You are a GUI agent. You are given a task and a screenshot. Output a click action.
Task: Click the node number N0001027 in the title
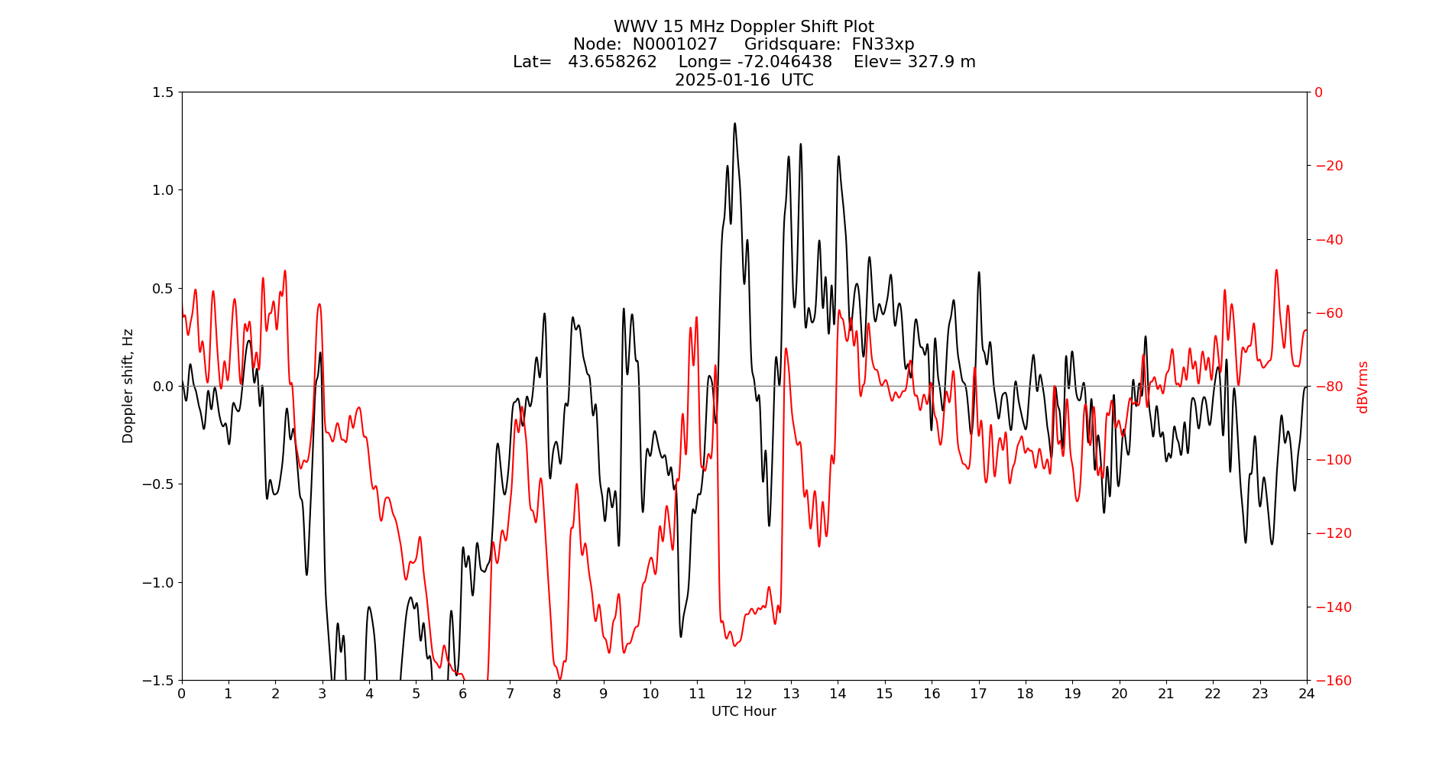pyautogui.click(x=675, y=44)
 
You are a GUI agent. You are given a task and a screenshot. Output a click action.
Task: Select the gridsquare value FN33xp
pyautogui.click(x=883, y=44)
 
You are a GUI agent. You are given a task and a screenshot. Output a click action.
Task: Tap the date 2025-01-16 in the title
pyautogui.click(x=722, y=80)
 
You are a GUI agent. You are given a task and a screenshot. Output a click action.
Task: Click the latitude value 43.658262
pyautogui.click(x=612, y=62)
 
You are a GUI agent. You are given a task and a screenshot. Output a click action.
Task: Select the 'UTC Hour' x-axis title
pyautogui.click(x=744, y=711)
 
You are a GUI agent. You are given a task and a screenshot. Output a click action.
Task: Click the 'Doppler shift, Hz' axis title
pyautogui.click(x=128, y=386)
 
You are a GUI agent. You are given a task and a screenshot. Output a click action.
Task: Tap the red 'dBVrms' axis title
pyautogui.click(x=1362, y=387)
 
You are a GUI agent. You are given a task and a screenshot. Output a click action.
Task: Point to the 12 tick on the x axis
pyautogui.click(x=744, y=694)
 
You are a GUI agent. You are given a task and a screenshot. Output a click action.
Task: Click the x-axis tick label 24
pyautogui.click(x=1307, y=694)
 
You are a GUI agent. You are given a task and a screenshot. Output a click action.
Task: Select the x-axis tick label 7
pyautogui.click(x=510, y=694)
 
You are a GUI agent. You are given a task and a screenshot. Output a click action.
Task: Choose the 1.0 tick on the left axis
pyautogui.click(x=163, y=190)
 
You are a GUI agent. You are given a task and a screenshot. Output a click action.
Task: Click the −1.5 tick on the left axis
pyautogui.click(x=159, y=680)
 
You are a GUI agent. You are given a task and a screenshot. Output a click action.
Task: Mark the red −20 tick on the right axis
pyautogui.click(x=1328, y=166)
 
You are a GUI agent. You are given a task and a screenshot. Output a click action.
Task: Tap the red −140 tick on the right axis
pyautogui.click(x=1331, y=607)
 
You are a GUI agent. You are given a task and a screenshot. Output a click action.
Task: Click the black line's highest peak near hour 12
pyautogui.click(x=734, y=123)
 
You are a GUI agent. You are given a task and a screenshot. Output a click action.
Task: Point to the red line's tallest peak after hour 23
pyautogui.click(x=1276, y=270)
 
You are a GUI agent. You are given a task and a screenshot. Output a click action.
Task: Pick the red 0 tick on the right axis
pyautogui.click(x=1318, y=92)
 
